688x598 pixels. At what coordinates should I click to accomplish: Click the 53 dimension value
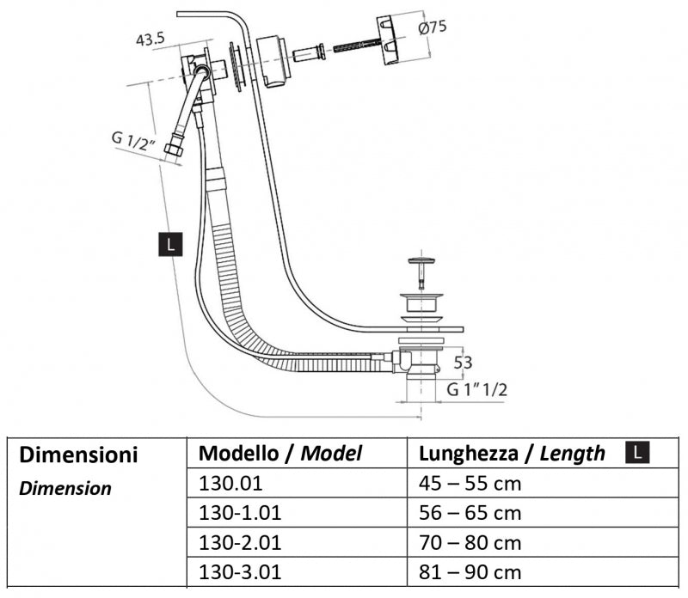pyautogui.click(x=463, y=363)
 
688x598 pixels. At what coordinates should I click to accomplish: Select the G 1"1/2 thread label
pyautogui.click(x=477, y=390)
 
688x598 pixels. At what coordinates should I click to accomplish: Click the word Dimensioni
pyautogui.click(x=78, y=455)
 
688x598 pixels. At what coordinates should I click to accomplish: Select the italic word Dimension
pyautogui.click(x=65, y=489)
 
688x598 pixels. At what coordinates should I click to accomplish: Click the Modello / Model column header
pyautogui.click(x=280, y=454)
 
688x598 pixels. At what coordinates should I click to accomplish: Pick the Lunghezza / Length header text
pyautogui.click(x=512, y=454)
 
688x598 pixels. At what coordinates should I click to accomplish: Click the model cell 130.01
pyautogui.click(x=228, y=483)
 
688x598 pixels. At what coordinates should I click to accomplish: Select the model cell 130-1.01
pyautogui.click(x=240, y=513)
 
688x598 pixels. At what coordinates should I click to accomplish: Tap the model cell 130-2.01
pyautogui.click(x=240, y=543)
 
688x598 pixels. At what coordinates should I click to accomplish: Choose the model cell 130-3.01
pyautogui.click(x=240, y=572)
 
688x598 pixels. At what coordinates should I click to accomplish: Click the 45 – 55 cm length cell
pyautogui.click(x=470, y=483)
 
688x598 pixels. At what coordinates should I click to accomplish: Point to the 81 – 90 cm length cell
pyautogui.click(x=470, y=572)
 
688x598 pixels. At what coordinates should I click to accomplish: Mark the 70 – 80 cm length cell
pyautogui.click(x=470, y=543)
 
